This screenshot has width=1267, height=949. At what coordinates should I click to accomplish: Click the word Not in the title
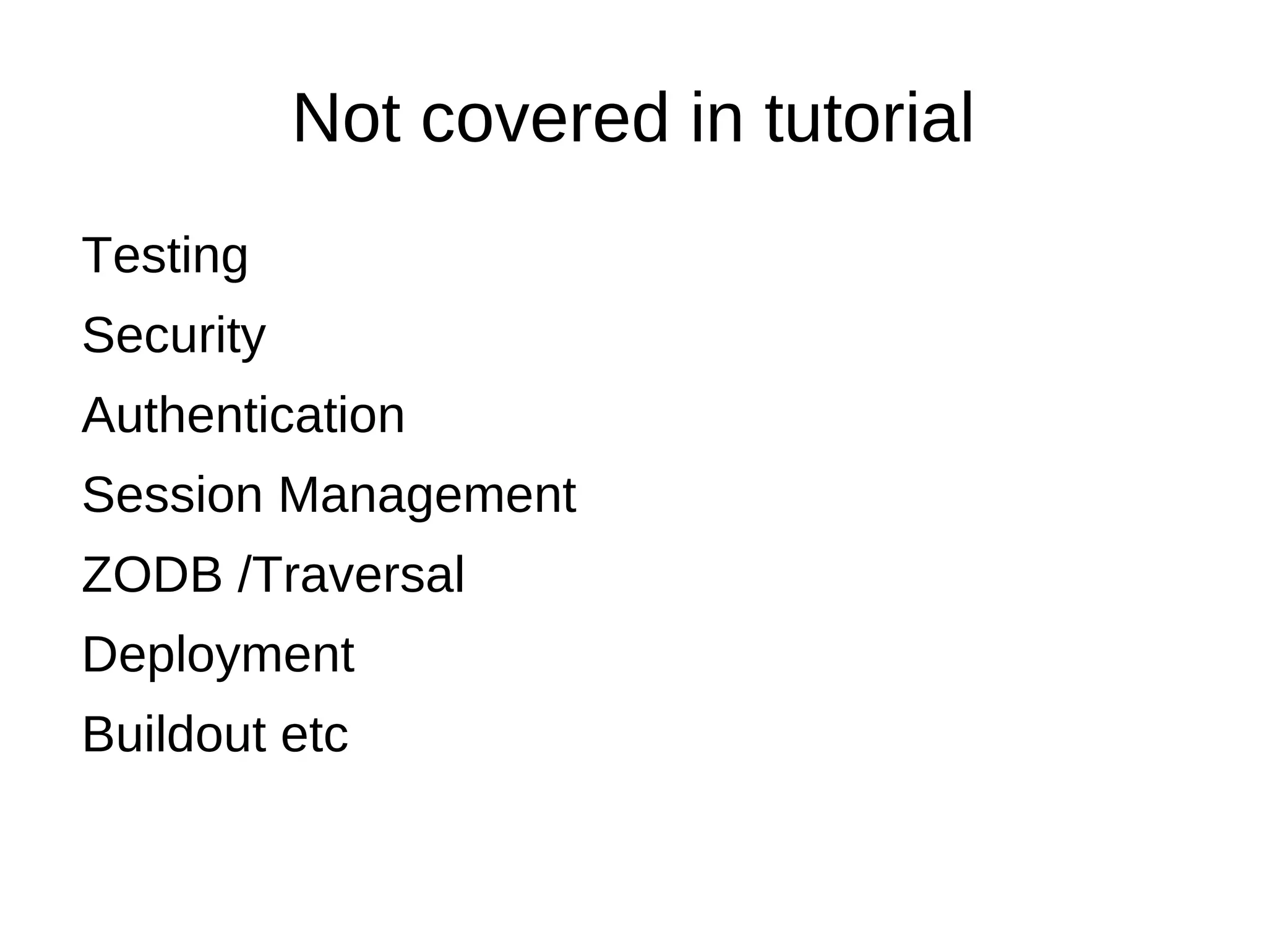(346, 119)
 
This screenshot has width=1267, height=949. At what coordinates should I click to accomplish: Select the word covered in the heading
(544, 119)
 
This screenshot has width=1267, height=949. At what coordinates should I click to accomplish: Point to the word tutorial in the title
(869, 119)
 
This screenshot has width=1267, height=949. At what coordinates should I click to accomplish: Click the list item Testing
(165, 256)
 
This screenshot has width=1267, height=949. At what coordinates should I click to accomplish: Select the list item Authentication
(243, 415)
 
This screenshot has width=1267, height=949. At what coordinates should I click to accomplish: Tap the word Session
(173, 495)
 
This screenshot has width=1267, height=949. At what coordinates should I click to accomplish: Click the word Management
(427, 495)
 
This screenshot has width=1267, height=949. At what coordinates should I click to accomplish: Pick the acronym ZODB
(152, 575)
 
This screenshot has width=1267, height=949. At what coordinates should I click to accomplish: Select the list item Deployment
(218, 655)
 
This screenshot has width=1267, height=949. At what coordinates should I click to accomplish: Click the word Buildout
(174, 734)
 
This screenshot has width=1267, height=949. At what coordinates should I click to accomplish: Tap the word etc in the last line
(314, 734)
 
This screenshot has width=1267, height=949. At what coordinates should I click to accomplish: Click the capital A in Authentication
(98, 415)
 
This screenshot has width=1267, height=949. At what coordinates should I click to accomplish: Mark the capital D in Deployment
(100, 655)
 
